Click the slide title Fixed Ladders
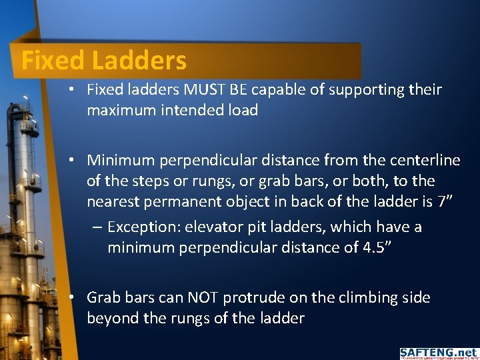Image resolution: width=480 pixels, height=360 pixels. click(104, 61)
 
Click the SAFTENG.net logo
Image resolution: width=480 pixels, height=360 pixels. click(438, 353)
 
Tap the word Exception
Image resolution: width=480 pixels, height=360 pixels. click(145, 227)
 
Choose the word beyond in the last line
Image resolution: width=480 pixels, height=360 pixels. click(113, 318)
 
